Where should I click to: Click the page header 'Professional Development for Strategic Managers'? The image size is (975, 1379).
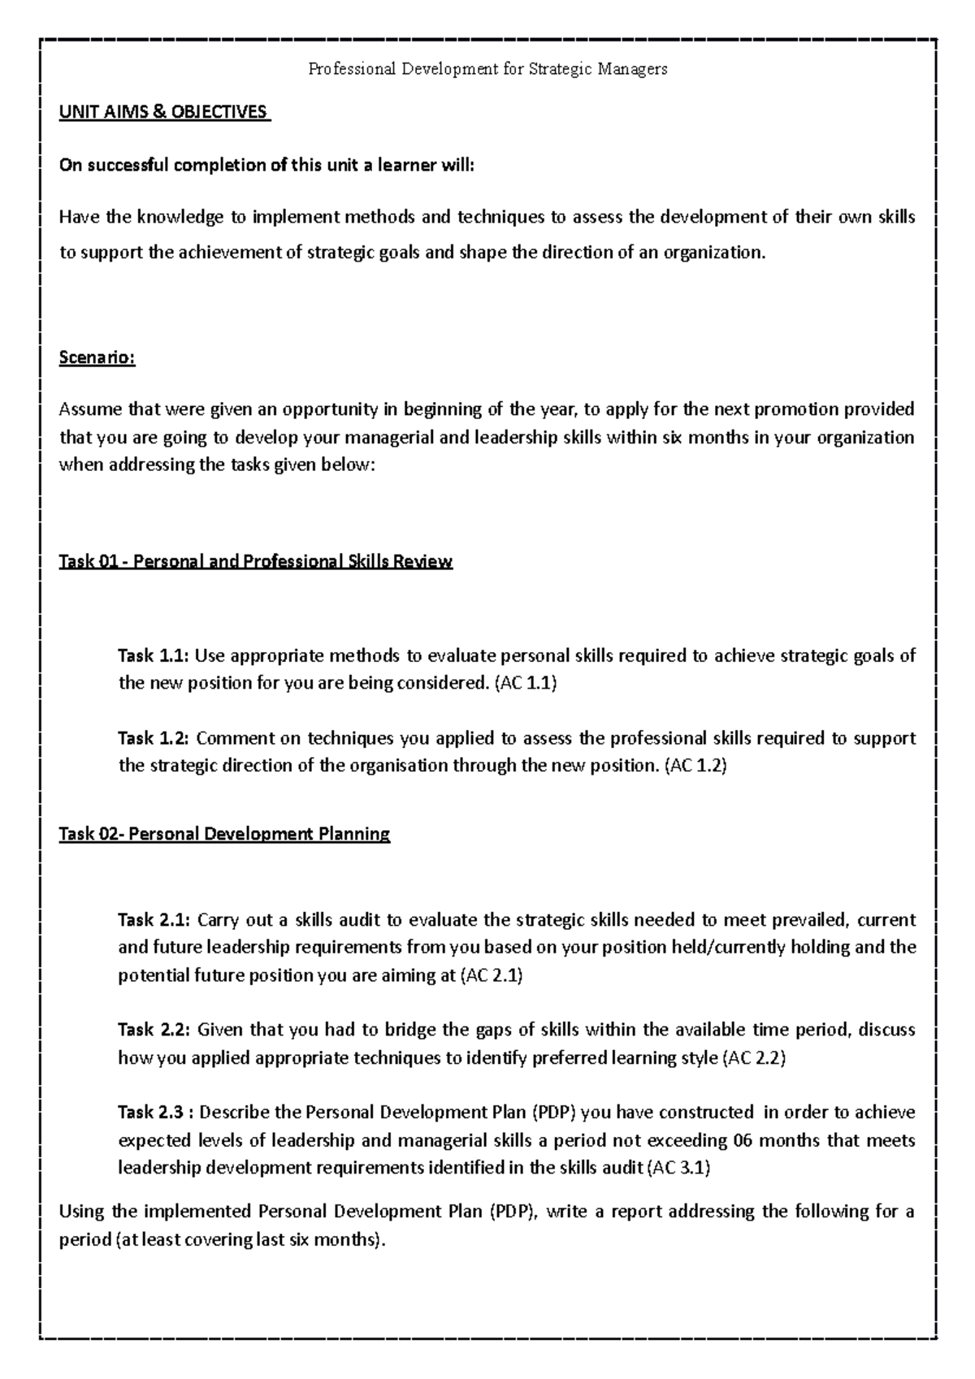(487, 69)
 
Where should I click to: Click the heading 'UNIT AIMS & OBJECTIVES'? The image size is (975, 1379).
(163, 112)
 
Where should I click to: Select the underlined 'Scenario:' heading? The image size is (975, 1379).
(97, 358)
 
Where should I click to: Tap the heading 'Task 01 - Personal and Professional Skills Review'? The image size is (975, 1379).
(255, 561)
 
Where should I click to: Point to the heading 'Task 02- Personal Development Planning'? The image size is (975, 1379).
(224, 833)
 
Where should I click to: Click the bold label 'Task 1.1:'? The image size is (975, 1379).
(154, 655)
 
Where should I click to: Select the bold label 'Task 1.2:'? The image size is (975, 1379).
(154, 738)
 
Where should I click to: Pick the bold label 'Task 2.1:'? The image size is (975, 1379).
(154, 919)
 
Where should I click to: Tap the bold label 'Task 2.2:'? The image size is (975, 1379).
(154, 1030)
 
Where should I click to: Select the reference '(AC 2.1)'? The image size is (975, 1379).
(492, 975)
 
